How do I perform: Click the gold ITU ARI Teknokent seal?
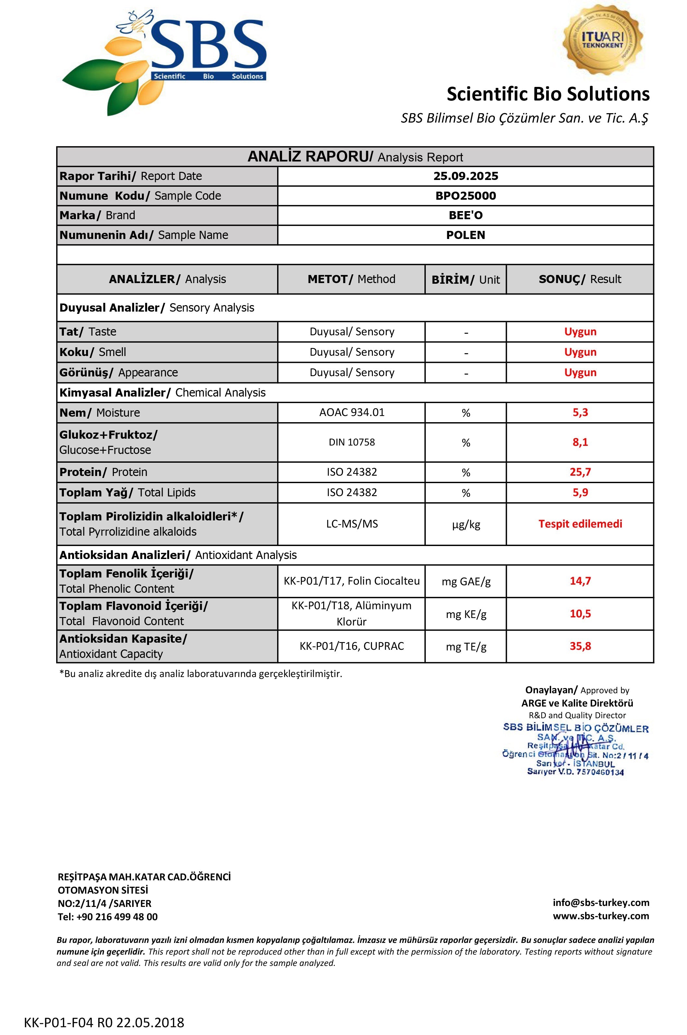pos(602,40)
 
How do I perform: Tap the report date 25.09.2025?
pos(465,176)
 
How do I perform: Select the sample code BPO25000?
pos(465,196)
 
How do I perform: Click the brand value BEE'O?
pos(465,215)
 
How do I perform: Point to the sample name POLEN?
pos(465,235)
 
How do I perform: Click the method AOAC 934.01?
pos(351,412)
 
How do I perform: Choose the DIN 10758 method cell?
pos(351,442)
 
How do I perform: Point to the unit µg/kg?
pos(466,525)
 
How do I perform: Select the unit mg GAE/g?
pos(466,581)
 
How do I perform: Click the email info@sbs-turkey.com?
pos(601,902)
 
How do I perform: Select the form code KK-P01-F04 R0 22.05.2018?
pos(104,1022)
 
